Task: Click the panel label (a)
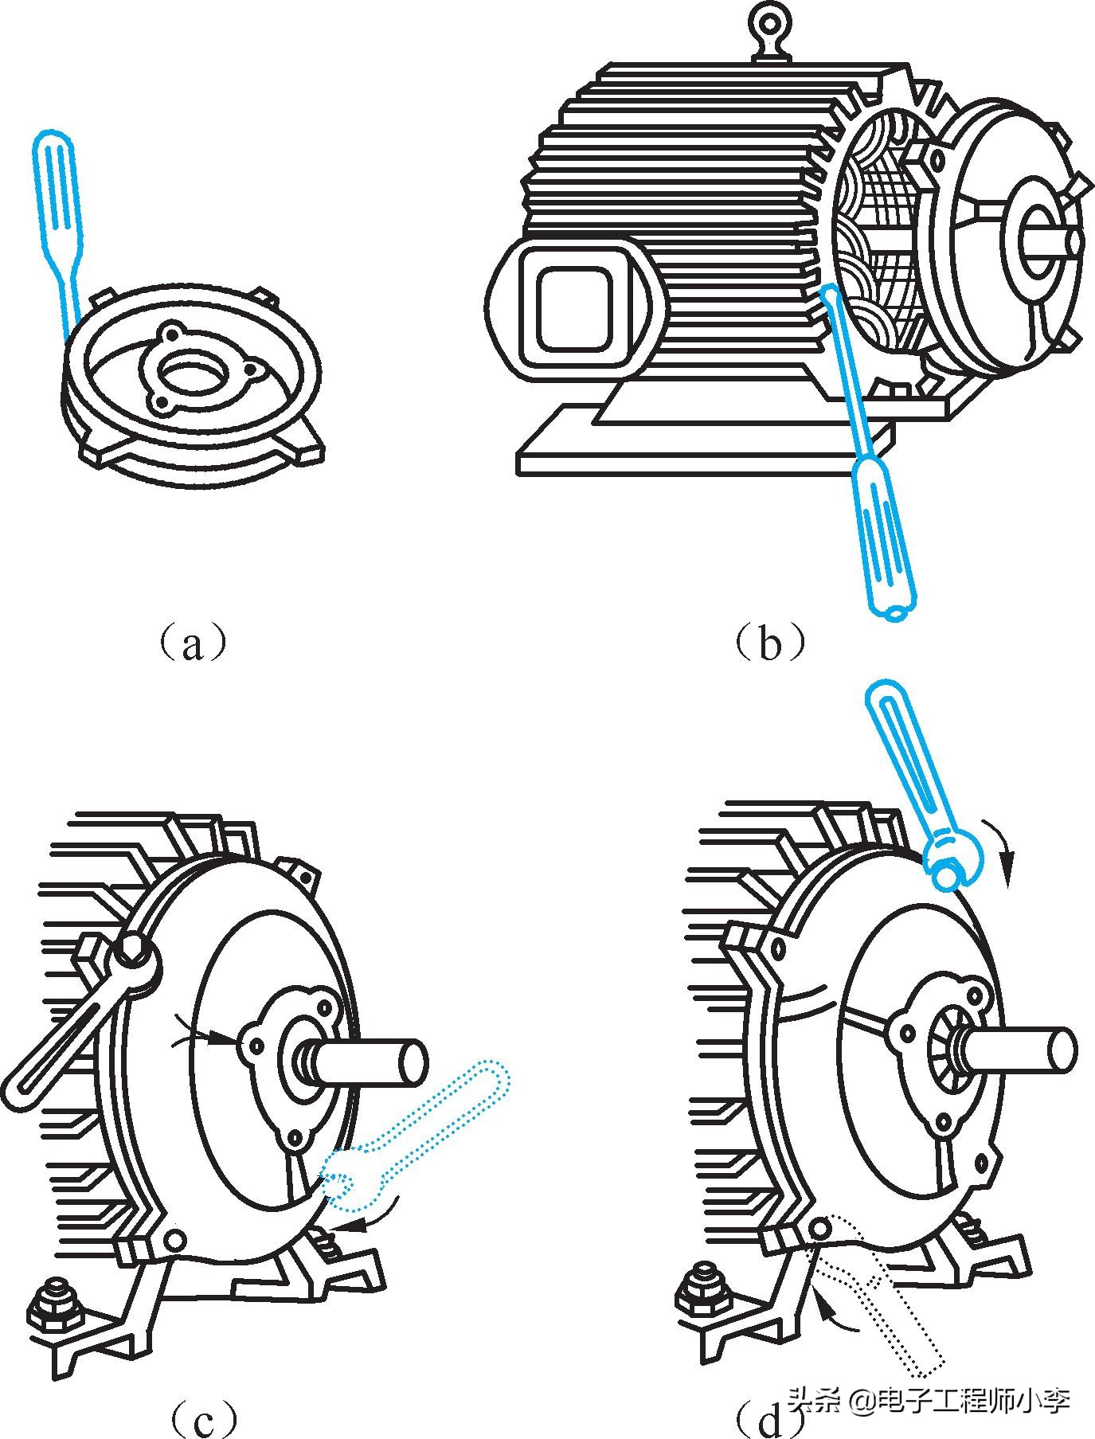[x=191, y=643]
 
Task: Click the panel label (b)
[x=768, y=643]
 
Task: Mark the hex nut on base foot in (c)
[x=55, y=1307]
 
